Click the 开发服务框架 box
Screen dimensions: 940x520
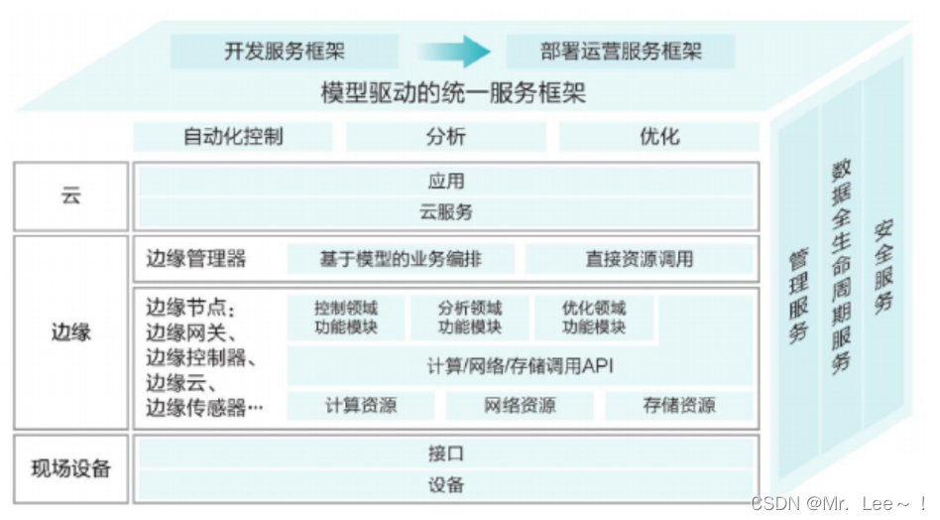click(285, 52)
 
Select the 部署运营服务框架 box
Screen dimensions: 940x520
click(621, 52)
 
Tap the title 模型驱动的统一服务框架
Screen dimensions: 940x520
click(453, 94)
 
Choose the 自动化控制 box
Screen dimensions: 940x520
click(234, 136)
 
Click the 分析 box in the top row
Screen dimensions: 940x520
click(445, 136)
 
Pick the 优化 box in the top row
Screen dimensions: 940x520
click(659, 136)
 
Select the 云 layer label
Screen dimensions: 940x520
click(70, 196)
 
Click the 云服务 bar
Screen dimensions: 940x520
click(445, 211)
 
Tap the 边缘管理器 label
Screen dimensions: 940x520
click(195, 260)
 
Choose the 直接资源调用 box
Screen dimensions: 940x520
click(639, 260)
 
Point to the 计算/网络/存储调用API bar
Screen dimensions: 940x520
click(521, 366)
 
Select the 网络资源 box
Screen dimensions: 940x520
click(520, 405)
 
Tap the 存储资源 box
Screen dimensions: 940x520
click(678, 405)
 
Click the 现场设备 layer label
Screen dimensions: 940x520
click(70, 468)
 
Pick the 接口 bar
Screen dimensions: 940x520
click(445, 455)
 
